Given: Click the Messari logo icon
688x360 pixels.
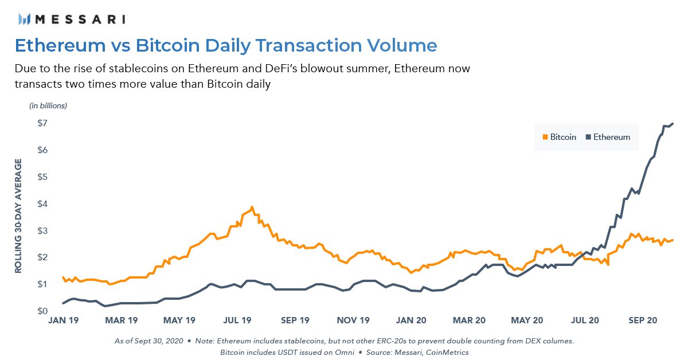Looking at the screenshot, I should pyautogui.click(x=24, y=19).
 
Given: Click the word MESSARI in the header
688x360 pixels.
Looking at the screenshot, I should pyautogui.click(x=80, y=19).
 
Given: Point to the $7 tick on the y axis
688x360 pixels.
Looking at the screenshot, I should pyautogui.click(x=41, y=123).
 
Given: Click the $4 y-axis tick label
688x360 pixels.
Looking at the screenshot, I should pyautogui.click(x=41, y=204).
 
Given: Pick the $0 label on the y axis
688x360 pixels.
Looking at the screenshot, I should pyautogui.click(x=41, y=311).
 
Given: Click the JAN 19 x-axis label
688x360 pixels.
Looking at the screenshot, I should pyautogui.click(x=62, y=321).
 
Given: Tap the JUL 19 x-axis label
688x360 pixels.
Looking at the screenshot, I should pyautogui.click(x=237, y=321).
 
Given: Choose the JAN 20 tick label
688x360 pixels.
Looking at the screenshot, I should pyautogui.click(x=411, y=321).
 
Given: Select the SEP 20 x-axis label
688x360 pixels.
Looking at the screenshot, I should pyautogui.click(x=644, y=321).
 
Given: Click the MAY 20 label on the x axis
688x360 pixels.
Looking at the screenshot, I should pyautogui.click(x=527, y=321).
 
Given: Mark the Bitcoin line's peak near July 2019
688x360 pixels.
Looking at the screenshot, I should pyautogui.click(x=252, y=208).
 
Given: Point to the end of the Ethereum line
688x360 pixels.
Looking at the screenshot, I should pyautogui.click(x=673, y=123).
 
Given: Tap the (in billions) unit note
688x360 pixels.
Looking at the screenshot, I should pyautogui.click(x=48, y=105).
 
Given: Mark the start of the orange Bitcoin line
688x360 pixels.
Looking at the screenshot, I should pyautogui.click(x=62, y=277).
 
